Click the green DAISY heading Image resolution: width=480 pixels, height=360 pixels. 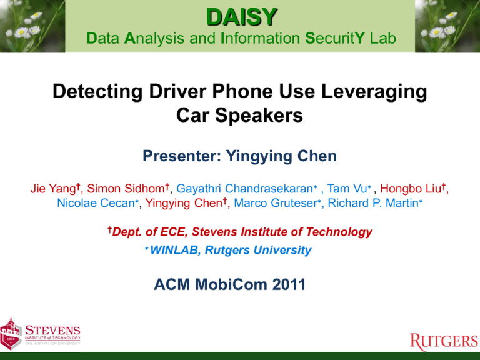pyautogui.click(x=242, y=17)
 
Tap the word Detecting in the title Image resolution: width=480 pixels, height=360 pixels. pyautogui.click(x=97, y=92)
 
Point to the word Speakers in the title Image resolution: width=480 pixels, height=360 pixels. pyautogui.click(x=259, y=116)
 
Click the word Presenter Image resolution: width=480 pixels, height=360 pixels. pyautogui.click(x=182, y=156)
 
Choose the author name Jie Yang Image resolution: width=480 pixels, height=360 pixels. pyautogui.click(x=53, y=189)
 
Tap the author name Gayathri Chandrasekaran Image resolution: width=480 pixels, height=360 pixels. pyautogui.click(x=244, y=189)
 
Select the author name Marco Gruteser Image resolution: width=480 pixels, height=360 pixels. pyautogui.click(x=276, y=203)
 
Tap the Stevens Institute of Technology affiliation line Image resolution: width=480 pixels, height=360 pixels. pyautogui.click(x=240, y=232)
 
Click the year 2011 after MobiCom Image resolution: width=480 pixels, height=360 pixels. pyautogui.click(x=289, y=284)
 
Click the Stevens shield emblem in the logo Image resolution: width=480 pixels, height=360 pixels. pyautogui.click(x=11, y=333)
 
